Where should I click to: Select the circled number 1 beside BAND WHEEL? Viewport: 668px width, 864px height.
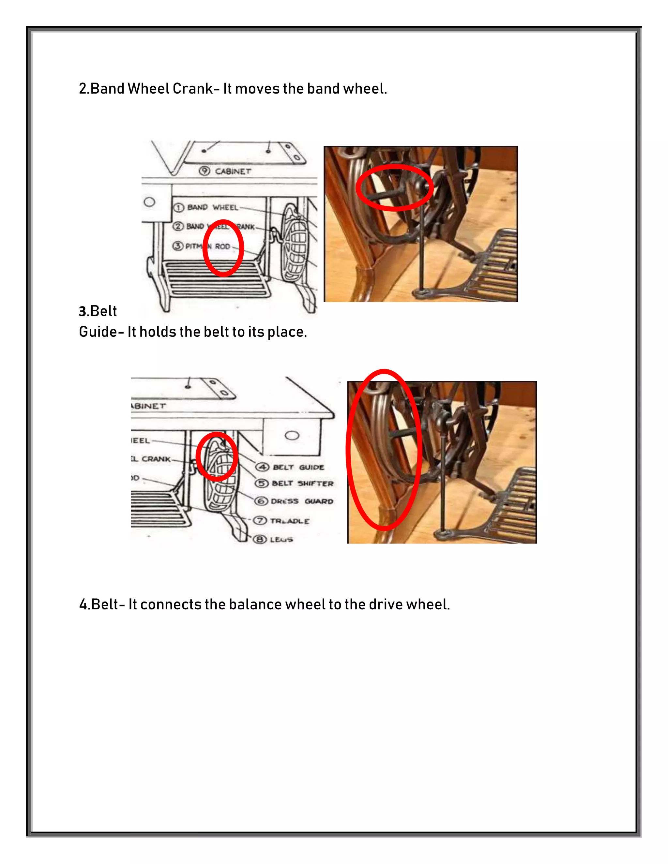click(178, 207)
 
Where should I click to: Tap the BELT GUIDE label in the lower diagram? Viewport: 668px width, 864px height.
click(298, 467)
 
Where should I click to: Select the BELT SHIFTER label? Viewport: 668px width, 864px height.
click(303, 484)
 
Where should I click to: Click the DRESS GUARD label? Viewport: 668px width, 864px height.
click(302, 501)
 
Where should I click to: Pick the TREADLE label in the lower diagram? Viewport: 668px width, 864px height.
click(289, 521)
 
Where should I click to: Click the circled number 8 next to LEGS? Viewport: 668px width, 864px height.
click(260, 539)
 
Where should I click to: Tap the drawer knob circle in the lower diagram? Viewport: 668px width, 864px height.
click(292, 436)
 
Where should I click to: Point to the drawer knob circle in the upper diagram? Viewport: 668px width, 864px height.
click(149, 202)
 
